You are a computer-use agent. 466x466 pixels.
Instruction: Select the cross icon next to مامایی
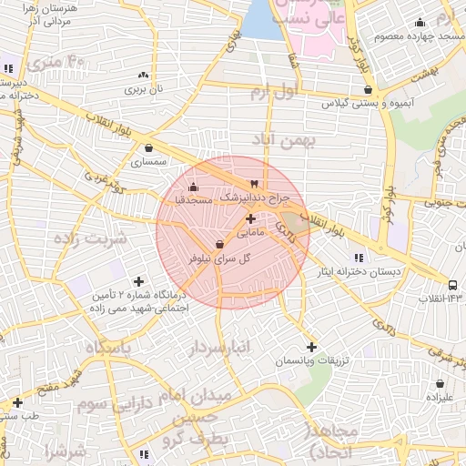(x=251, y=218)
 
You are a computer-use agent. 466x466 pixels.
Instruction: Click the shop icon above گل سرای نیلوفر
(x=219, y=244)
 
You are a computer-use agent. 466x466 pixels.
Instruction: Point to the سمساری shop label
(x=149, y=163)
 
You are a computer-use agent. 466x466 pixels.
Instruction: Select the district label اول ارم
(x=273, y=92)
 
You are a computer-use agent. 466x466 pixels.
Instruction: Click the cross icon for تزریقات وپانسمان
(x=312, y=347)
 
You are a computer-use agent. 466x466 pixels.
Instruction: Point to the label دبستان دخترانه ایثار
(x=369, y=272)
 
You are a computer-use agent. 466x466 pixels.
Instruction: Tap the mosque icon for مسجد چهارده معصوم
(x=420, y=23)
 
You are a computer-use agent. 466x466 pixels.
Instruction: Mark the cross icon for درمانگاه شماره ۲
(x=138, y=281)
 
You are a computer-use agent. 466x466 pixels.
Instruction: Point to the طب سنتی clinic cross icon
(x=17, y=401)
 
